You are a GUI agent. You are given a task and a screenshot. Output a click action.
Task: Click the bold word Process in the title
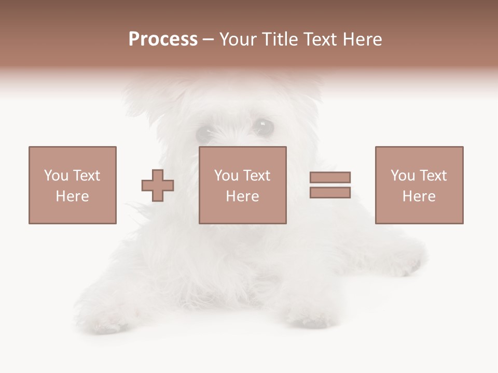163,39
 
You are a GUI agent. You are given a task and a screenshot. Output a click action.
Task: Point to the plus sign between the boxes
158,185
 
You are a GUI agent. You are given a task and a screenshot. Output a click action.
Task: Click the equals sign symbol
330,185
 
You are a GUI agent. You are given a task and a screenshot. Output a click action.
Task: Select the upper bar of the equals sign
330,178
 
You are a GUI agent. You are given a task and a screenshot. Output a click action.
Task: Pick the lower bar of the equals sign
330,193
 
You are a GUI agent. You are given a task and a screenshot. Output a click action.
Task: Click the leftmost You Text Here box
72,185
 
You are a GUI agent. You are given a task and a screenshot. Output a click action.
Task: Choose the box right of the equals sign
419,185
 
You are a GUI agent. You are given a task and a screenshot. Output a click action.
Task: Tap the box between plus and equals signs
242,185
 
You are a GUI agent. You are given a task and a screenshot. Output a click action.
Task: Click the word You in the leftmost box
56,176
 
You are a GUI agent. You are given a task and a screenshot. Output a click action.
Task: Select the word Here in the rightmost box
419,196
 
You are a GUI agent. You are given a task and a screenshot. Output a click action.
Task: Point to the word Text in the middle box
257,176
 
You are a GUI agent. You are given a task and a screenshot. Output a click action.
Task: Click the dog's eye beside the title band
265,126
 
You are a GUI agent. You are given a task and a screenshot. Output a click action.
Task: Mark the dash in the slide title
208,40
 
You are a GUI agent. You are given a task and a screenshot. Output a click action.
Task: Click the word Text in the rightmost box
433,176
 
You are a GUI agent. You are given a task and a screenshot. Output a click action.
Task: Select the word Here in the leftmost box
72,196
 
